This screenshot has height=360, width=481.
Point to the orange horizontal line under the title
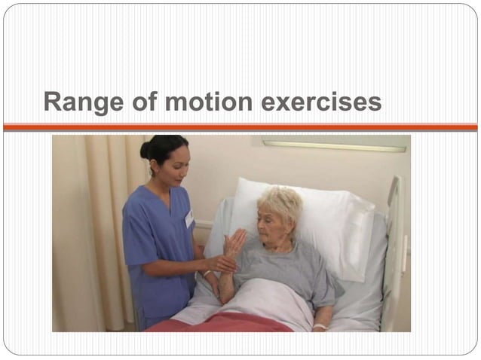pyautogui.click(x=240, y=127)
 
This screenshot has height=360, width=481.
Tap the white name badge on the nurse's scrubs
pyautogui.click(x=189, y=218)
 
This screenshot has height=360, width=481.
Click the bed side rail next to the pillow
pyautogui.click(x=394, y=249)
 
